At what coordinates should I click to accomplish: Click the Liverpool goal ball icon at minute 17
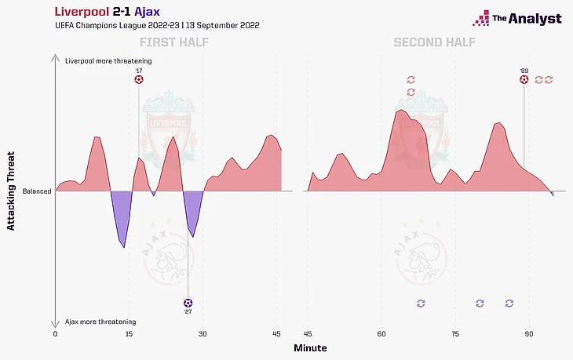point(139,78)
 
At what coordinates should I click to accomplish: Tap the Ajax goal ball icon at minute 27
point(187,302)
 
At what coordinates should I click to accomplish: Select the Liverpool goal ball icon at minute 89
point(524,78)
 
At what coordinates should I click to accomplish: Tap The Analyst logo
point(517,18)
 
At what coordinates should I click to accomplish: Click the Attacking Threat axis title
point(11,191)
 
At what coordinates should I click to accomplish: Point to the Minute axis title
point(310,347)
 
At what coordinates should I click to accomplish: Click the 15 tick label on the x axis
point(129,334)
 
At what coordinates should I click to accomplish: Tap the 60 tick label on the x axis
point(381,334)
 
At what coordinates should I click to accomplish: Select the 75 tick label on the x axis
point(455,334)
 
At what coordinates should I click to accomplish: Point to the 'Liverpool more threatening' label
point(108,60)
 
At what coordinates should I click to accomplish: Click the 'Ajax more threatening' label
point(100,322)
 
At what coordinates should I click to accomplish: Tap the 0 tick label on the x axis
point(55,334)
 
